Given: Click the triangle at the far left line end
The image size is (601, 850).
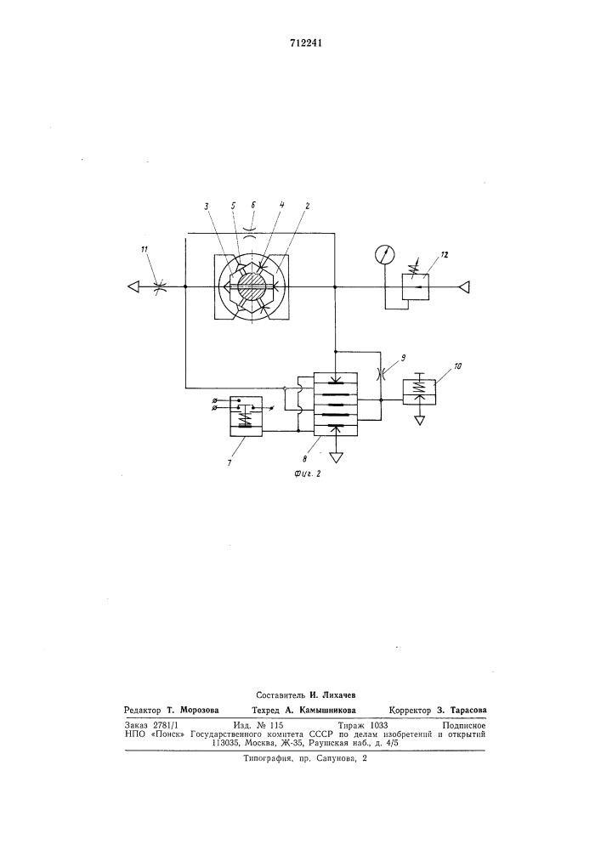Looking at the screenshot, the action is (x=133, y=286).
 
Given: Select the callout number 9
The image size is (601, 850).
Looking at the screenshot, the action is (x=403, y=357).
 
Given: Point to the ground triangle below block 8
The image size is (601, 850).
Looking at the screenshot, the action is (x=337, y=457).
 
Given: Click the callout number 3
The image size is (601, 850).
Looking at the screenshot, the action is (x=207, y=206).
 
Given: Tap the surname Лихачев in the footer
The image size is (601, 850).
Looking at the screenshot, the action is (x=333, y=694).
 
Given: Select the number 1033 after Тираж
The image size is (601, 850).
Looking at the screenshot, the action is (x=377, y=725).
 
